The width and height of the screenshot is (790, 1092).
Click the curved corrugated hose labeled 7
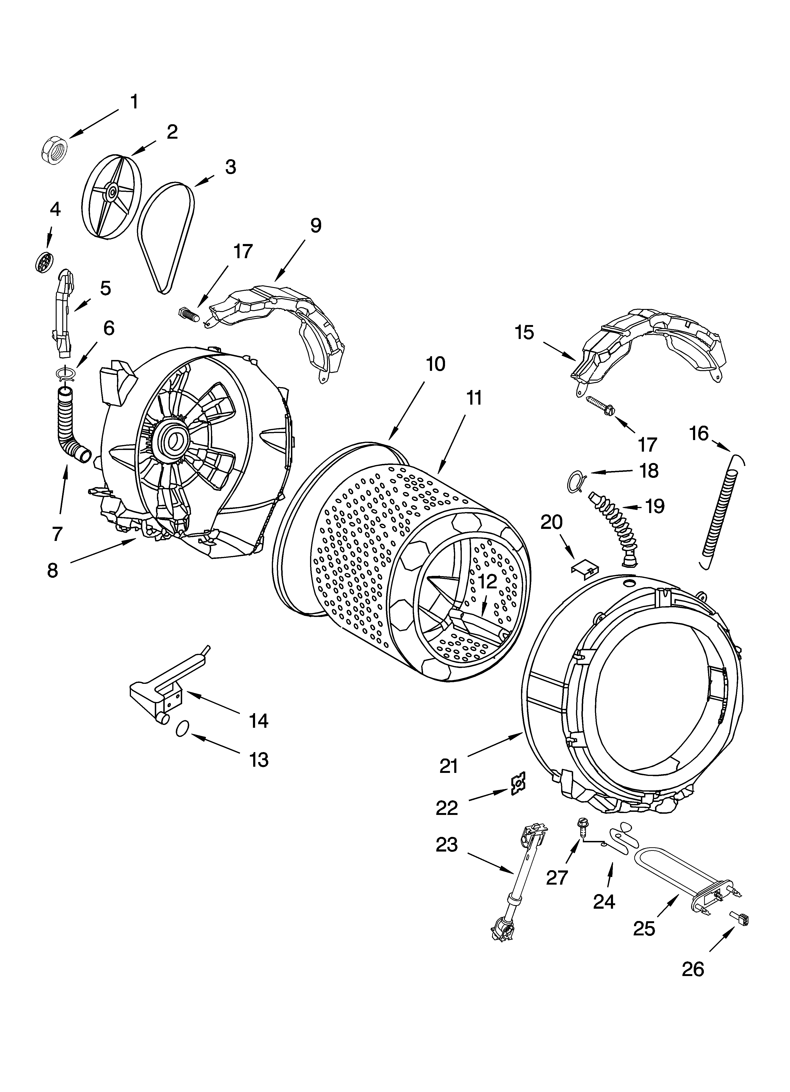[x=70, y=426]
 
